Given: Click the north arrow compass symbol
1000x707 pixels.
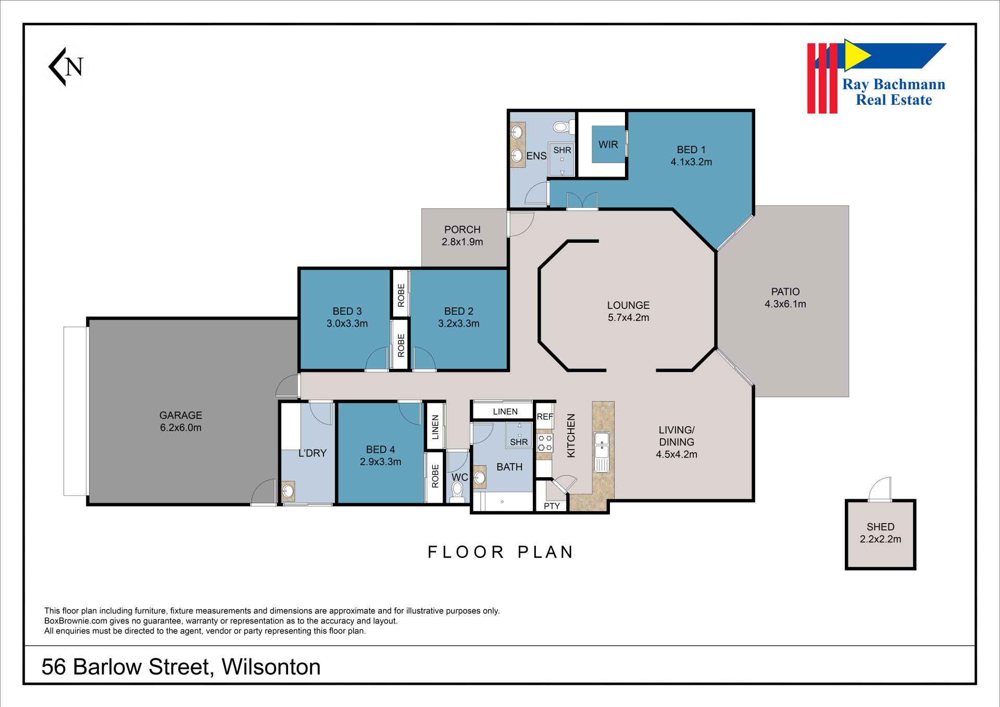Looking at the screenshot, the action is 66,67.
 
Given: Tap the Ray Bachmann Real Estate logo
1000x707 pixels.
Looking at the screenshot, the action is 877,76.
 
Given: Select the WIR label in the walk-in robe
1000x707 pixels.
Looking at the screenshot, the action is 608,145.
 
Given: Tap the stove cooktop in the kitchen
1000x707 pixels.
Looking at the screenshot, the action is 545,443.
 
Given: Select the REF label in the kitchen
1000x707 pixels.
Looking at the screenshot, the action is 545,417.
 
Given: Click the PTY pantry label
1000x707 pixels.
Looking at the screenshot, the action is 552,506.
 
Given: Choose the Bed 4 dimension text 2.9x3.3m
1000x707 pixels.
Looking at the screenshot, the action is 380,462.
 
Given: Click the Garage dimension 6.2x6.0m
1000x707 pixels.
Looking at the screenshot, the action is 180,428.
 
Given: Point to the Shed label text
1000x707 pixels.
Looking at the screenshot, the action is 880,527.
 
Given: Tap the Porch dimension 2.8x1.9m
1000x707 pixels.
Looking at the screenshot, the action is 462,242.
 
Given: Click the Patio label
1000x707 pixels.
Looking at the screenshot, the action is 785,292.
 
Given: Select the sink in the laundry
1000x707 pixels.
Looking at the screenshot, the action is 288,491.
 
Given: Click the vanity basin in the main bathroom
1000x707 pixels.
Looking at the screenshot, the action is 479,478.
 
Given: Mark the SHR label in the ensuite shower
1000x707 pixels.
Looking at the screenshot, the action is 562,150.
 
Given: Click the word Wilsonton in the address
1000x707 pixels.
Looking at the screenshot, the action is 271,667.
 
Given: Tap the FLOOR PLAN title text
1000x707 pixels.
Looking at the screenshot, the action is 500,552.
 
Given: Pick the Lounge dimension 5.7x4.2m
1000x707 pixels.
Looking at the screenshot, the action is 628,318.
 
